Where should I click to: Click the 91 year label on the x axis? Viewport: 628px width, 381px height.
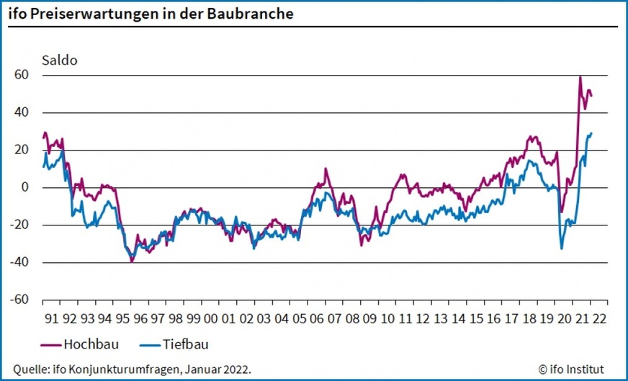coord(52,318)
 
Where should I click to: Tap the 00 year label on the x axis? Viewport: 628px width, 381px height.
coord(211,318)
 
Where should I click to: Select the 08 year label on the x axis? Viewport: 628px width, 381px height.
coord(352,318)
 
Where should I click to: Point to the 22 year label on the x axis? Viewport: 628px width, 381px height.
coord(599,318)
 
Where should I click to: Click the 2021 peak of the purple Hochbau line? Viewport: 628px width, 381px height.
coord(580,76)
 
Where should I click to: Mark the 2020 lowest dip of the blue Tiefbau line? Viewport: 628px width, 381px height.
coord(562,248)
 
